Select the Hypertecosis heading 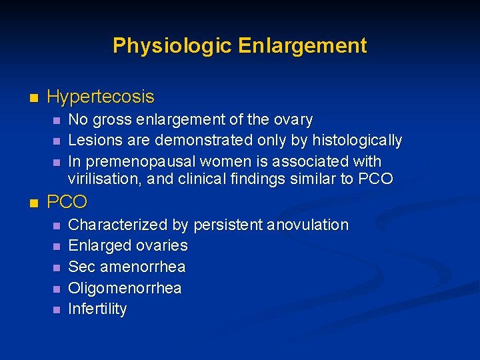tap(101, 97)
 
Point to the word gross tap(109, 120)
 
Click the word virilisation tap(101, 179)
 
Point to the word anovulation tap(307, 225)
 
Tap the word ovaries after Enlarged tap(161, 245)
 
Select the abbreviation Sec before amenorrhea tap(81, 267)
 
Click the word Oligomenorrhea tap(125, 288)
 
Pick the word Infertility tap(97, 309)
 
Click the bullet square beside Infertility tap(55, 310)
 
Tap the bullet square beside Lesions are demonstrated tap(55, 141)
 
